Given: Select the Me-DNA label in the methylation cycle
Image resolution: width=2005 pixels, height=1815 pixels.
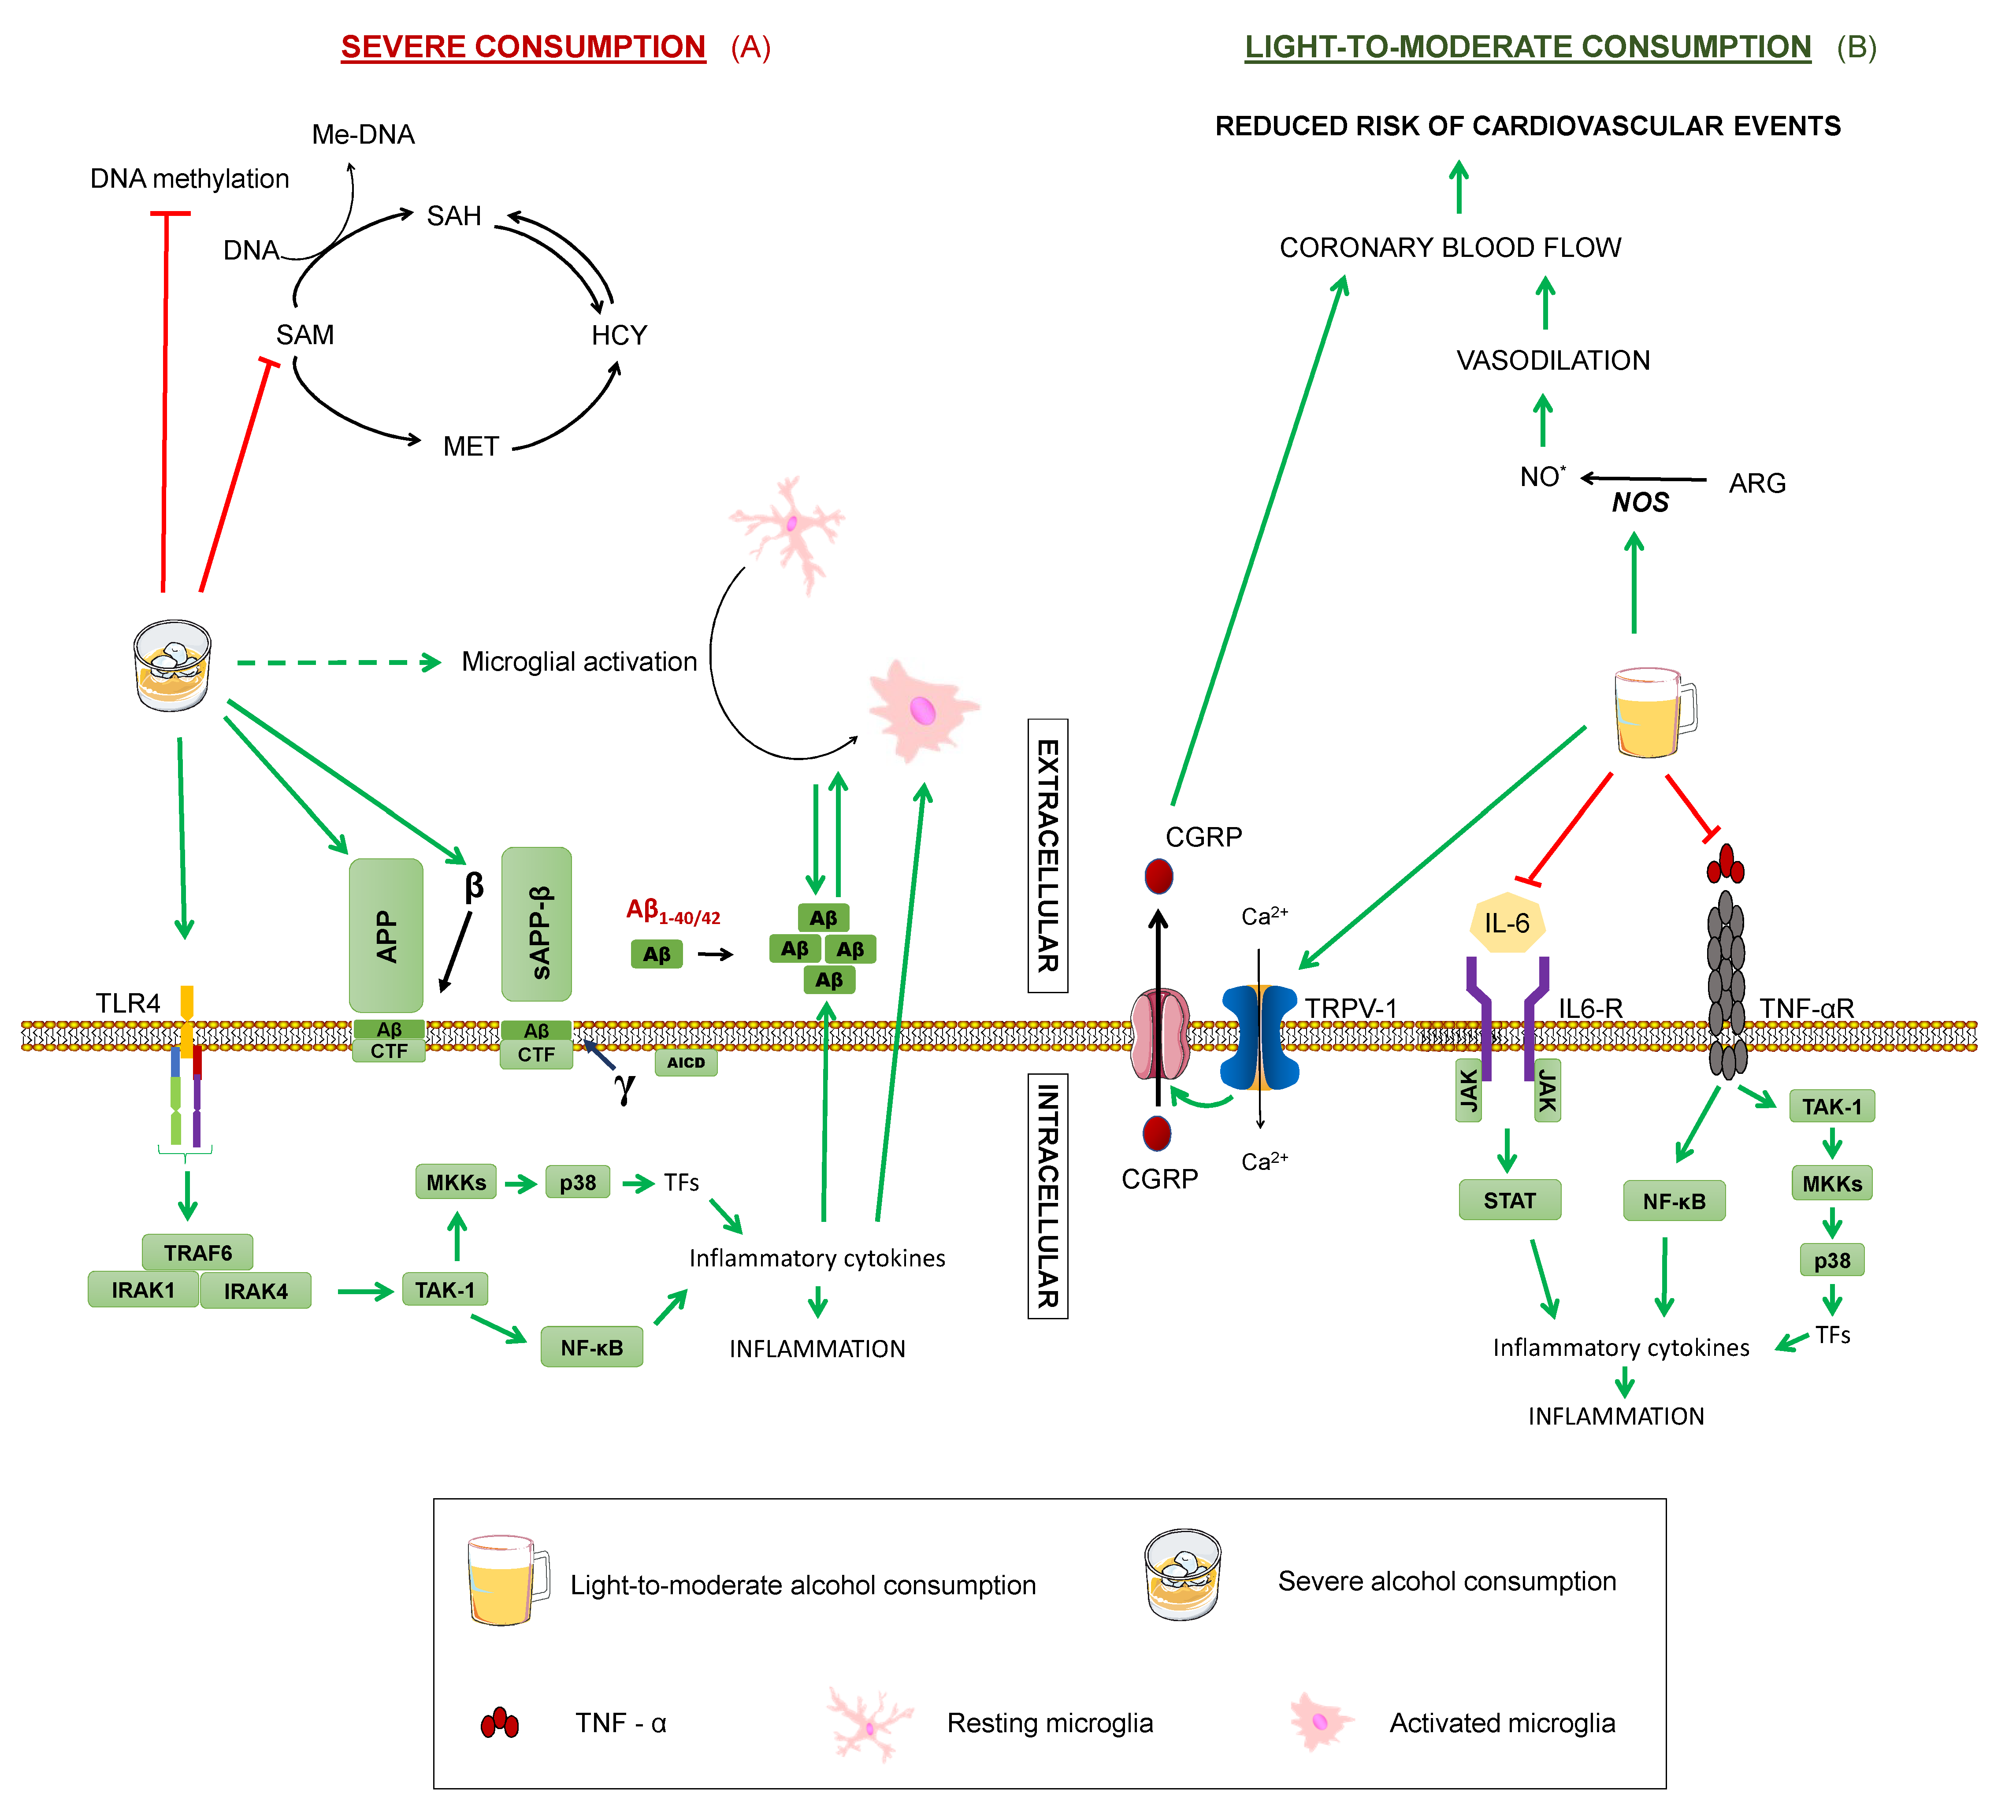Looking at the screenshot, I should pos(363,134).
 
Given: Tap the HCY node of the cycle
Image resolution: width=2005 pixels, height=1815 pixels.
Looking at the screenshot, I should pos(619,335).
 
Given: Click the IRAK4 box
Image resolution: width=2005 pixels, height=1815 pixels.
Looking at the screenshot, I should pos(256,1291).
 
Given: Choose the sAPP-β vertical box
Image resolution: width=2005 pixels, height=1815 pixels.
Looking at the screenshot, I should pos(537,924).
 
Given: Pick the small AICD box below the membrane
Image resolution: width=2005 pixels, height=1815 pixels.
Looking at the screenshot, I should pos(685,1062).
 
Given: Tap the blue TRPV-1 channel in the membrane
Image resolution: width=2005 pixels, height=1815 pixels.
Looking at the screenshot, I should pos(1259,1037).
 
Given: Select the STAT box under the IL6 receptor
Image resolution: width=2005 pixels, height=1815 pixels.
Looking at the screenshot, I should pos(1509,1200).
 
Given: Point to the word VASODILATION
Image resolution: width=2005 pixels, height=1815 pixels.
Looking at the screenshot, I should pos(1552,360).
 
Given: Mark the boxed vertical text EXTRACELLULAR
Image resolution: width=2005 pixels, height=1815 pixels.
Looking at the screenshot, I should pos(1047,855).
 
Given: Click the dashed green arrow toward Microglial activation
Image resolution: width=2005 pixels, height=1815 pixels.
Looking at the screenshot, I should pos(338,662).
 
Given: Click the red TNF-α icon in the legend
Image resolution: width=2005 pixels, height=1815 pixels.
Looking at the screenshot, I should pos(499,1722).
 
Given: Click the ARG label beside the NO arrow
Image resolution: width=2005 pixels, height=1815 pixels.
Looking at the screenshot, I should pos(1756,483).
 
